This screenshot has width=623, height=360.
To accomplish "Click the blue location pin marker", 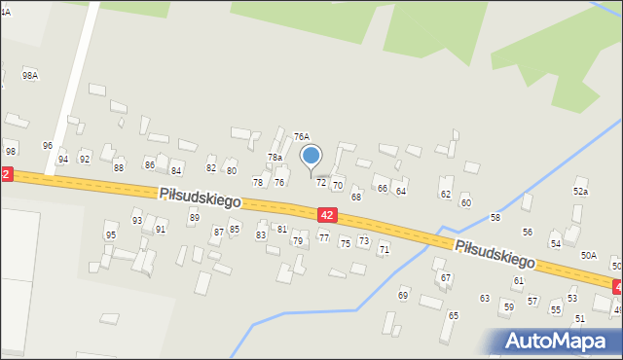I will (311, 157).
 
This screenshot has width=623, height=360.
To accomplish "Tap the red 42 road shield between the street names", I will (327, 214).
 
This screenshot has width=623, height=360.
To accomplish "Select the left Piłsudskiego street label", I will (200, 197).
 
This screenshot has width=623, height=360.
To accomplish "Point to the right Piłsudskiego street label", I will (495, 253).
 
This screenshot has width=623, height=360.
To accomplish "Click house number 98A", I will (30, 75).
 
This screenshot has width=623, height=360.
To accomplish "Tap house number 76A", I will (302, 137).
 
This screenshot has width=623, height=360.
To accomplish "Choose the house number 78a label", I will (275, 157).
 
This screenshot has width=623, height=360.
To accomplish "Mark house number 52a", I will (580, 192).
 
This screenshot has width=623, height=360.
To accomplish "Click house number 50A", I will (588, 255).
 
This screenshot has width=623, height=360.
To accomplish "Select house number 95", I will (111, 235).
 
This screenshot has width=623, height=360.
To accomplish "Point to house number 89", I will (194, 218).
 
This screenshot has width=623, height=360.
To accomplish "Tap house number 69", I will (403, 295).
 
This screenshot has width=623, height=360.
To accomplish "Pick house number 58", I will (495, 217).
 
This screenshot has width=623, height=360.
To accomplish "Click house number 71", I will (384, 250).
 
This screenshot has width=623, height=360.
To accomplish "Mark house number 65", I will (453, 316).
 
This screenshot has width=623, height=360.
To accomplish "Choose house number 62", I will (446, 195).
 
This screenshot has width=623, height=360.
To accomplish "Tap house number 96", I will (47, 146).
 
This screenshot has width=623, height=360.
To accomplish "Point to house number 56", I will (527, 233).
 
